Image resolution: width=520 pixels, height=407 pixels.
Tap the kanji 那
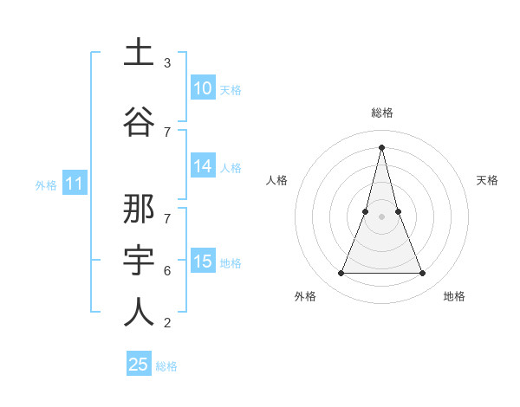(x=139, y=210)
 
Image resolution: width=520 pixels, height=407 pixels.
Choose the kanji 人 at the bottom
(x=139, y=312)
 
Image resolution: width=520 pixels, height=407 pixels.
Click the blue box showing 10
(x=203, y=88)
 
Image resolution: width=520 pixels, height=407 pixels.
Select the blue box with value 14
(x=203, y=167)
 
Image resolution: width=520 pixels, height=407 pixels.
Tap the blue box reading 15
(x=203, y=262)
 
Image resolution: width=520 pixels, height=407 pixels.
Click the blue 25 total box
(x=139, y=365)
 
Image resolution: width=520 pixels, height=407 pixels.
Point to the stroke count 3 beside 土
(x=166, y=63)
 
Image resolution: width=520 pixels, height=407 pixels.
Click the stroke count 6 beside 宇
(x=166, y=271)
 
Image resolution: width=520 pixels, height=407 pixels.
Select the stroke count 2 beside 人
(x=166, y=323)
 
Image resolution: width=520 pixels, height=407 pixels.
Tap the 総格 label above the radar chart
(x=381, y=113)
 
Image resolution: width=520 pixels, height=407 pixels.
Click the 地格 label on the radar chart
(x=454, y=296)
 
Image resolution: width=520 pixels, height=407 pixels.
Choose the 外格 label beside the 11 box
(x=46, y=184)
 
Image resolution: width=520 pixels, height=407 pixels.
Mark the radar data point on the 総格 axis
(x=381, y=147)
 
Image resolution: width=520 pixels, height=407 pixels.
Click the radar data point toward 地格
(x=422, y=274)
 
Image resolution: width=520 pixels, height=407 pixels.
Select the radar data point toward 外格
(x=341, y=274)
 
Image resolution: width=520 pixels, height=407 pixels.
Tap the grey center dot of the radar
(x=381, y=216)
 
